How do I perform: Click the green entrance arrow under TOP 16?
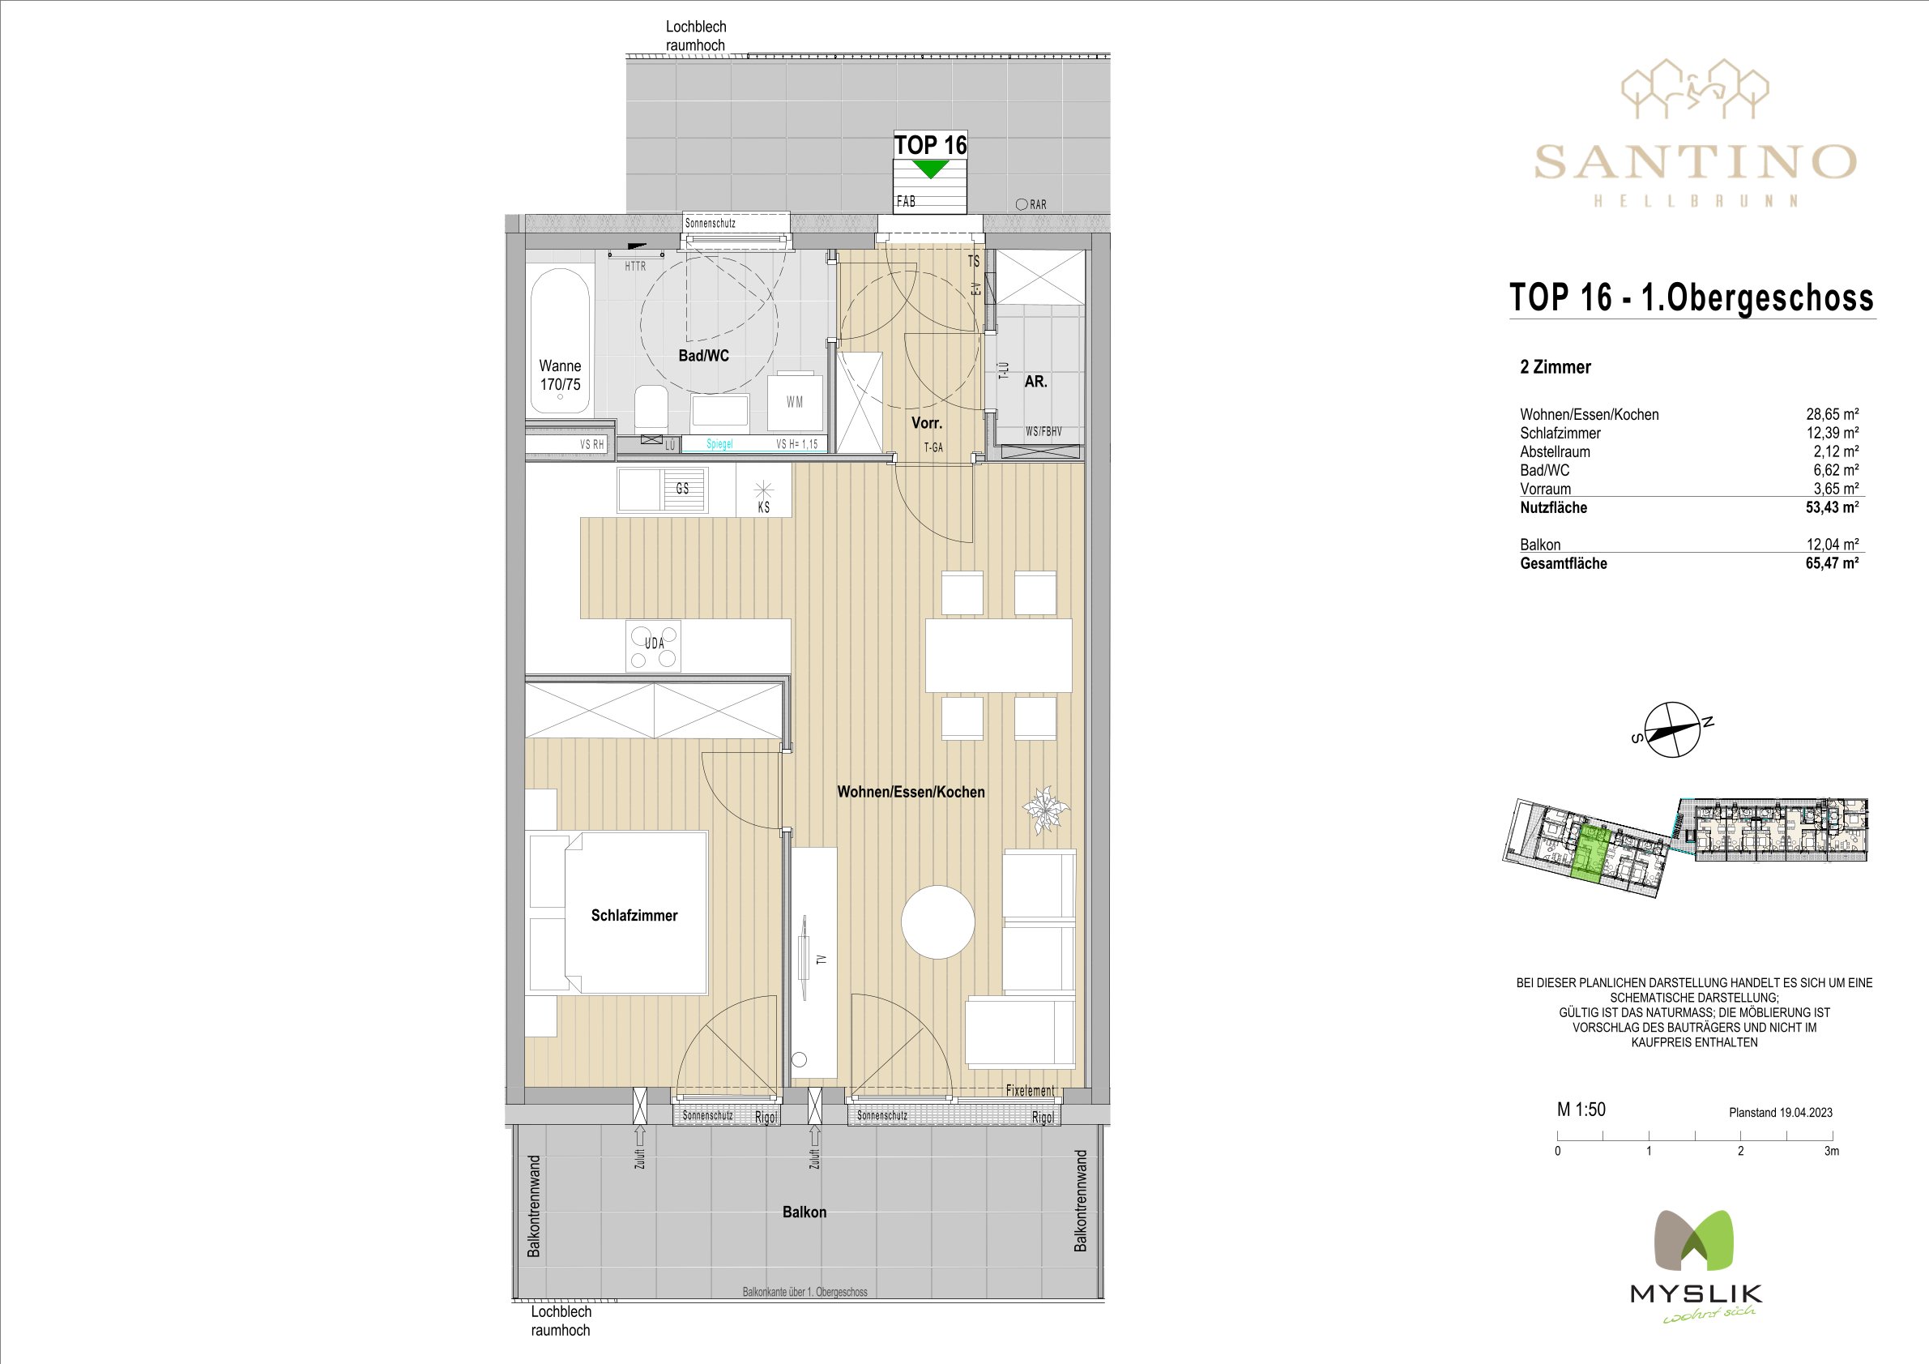(x=930, y=168)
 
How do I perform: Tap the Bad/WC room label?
(x=703, y=356)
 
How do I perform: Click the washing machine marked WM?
(x=795, y=400)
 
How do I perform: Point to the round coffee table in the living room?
(x=938, y=922)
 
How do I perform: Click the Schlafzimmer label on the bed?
(x=634, y=915)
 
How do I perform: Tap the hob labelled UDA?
(x=654, y=645)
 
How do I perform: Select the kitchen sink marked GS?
(x=663, y=490)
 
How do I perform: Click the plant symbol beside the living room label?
(x=1045, y=810)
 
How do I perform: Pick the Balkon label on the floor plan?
(x=804, y=1212)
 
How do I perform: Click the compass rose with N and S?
(x=1672, y=729)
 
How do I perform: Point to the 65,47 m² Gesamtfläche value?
(x=1832, y=563)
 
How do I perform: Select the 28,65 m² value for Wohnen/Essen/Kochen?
(x=1833, y=414)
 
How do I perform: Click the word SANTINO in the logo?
(x=1696, y=161)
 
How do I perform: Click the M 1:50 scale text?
(x=1581, y=1110)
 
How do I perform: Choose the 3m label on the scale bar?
(x=1832, y=1152)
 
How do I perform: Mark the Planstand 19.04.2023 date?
(x=1780, y=1113)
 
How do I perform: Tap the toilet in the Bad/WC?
(x=649, y=408)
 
